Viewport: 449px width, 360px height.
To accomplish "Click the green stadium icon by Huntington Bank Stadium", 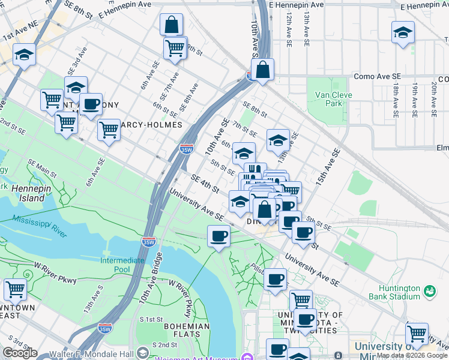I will point(430,291).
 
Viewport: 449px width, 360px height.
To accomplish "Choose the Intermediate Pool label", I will point(122,265).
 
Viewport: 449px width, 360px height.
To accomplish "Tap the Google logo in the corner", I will point(20,353).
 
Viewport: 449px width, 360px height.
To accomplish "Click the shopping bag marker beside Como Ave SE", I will point(263,70).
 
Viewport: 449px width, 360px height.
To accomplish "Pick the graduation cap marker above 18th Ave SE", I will point(403,34).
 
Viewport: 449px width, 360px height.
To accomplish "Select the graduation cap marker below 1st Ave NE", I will point(24,54).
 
